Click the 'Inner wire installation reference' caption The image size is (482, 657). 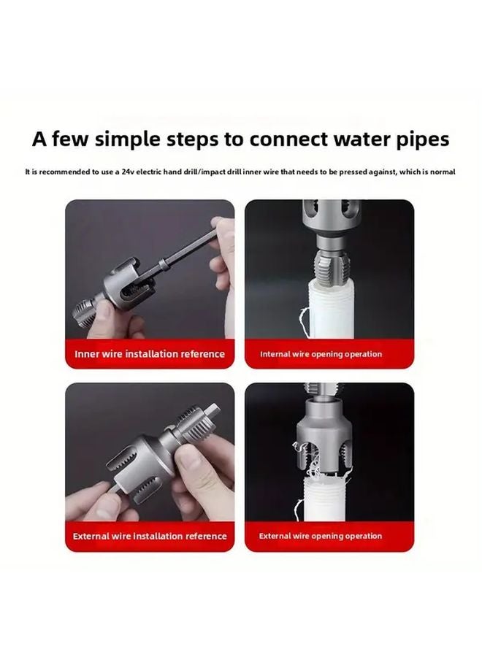coord(150,354)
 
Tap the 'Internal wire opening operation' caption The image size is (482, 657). coord(321,354)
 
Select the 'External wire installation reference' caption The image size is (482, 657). coord(150,537)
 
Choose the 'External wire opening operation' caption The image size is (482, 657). coord(321,537)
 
